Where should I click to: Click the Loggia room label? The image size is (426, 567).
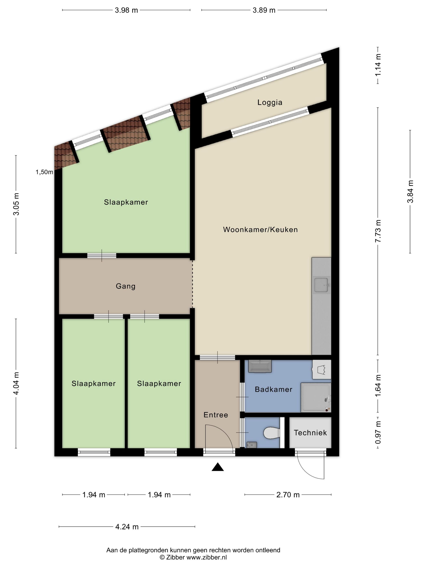270,102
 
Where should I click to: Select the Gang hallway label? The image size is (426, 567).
126,286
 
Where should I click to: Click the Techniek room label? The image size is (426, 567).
310,433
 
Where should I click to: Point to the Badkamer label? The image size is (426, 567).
273,389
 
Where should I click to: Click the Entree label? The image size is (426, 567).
216,415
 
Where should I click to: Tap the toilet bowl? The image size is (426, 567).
272,433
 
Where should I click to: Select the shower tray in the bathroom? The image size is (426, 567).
316,398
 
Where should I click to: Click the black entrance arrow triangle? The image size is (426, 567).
217,467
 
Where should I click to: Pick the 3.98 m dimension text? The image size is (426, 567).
126,10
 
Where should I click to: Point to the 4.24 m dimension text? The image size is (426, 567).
127,527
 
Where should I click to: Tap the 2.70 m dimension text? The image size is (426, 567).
288,495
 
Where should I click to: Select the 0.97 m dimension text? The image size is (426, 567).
378,433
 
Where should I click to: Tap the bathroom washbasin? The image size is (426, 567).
260,366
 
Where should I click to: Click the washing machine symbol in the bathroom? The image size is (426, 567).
322,369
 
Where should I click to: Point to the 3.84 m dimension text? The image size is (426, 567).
410,192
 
